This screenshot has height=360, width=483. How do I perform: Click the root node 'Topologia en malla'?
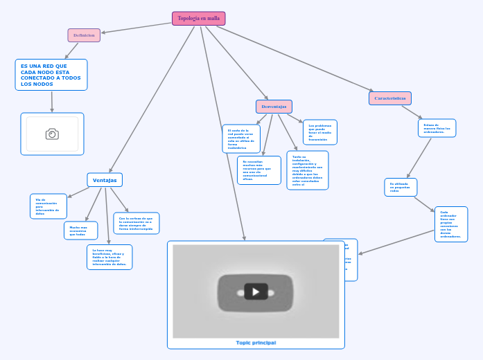click(x=198, y=19)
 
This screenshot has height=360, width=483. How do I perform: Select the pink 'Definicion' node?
click(x=84, y=35)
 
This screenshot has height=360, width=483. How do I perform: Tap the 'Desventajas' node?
click(x=274, y=107)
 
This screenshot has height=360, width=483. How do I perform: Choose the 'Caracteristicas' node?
click(x=389, y=98)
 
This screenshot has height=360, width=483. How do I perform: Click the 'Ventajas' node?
click(x=105, y=180)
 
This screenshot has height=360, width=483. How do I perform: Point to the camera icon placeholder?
click(x=52, y=134)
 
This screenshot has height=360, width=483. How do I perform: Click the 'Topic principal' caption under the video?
click(x=255, y=343)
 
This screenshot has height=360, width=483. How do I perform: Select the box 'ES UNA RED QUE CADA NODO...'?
click(x=51, y=75)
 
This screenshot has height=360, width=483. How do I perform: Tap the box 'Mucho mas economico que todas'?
click(x=80, y=231)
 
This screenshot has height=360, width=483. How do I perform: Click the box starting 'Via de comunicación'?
click(x=49, y=206)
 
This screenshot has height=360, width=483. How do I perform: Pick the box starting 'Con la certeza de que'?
click(x=136, y=223)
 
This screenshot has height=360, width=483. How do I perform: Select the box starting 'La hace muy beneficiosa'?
click(x=109, y=257)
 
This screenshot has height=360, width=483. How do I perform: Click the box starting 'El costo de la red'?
click(x=240, y=138)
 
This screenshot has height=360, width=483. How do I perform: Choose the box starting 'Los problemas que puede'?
click(x=319, y=132)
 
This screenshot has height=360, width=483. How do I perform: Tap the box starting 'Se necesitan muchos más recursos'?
click(x=258, y=170)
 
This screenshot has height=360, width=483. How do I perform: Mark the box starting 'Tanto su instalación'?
click(x=307, y=170)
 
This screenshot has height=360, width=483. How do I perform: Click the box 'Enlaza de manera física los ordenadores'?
click(x=437, y=128)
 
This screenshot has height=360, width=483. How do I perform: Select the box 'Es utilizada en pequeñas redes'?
click(x=401, y=187)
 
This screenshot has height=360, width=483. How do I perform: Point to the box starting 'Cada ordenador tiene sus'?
click(x=450, y=224)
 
